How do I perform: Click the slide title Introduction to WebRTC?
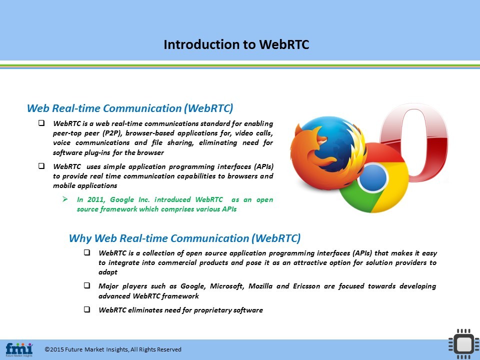(236, 44)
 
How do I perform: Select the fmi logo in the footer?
(19, 349)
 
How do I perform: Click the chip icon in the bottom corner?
(463, 344)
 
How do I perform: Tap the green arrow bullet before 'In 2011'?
(65, 199)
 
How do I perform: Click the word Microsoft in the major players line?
(227, 286)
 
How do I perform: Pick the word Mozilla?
(260, 286)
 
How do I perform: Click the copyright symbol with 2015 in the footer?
(54, 349)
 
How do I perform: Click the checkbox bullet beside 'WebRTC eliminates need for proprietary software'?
(87, 309)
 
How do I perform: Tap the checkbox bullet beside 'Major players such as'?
(87, 285)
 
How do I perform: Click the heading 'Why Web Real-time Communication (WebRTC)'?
(184, 238)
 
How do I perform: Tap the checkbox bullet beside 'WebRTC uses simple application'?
(41, 165)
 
